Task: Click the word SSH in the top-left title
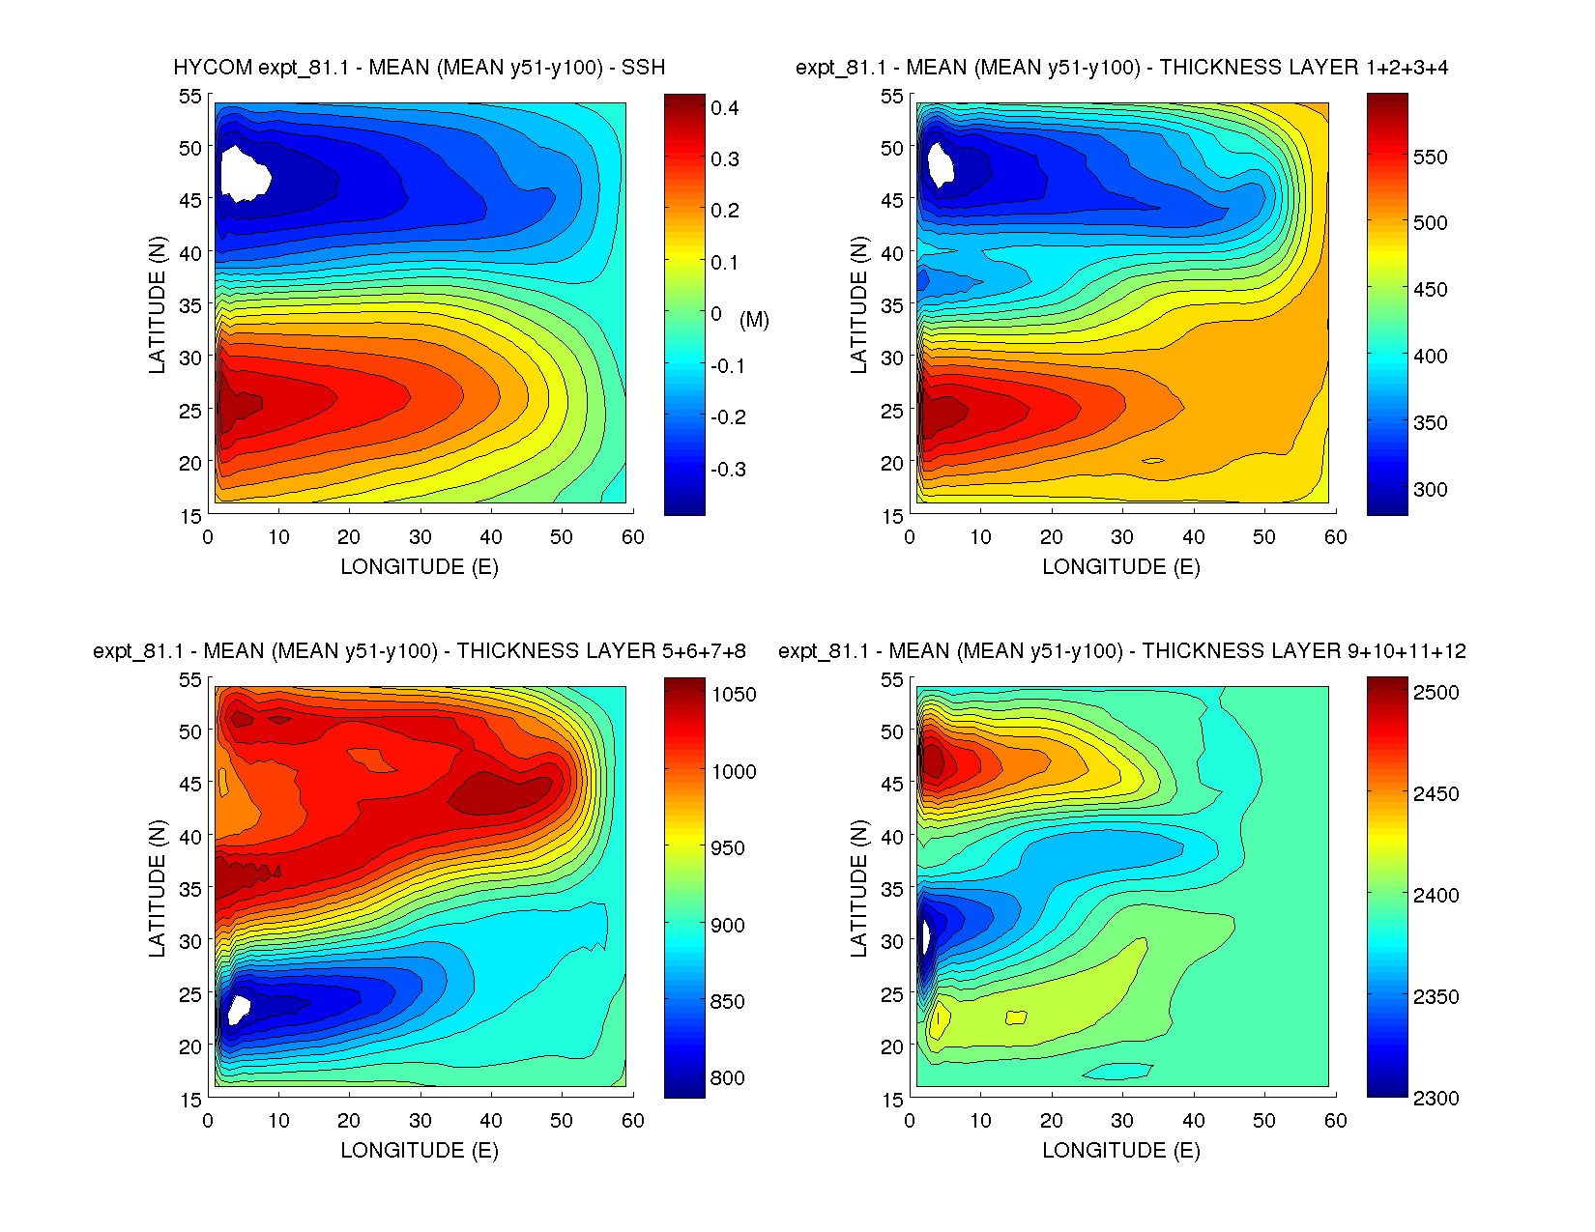point(643,68)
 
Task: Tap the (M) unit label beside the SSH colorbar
point(754,319)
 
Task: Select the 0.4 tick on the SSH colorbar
point(724,108)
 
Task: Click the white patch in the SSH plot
point(244,173)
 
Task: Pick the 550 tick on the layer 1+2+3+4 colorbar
point(1430,158)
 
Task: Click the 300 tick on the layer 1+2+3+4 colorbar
point(1430,490)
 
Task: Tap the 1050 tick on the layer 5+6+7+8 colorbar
point(734,695)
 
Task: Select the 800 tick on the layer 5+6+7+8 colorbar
point(727,1078)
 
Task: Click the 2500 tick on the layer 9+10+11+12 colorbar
point(1435,693)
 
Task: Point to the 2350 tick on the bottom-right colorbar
point(1435,997)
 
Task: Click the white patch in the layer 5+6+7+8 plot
point(237,1009)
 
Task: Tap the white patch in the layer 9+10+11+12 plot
point(923,936)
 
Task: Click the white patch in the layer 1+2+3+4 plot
point(940,163)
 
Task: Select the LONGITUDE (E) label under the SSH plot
point(420,567)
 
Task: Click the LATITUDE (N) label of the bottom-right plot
point(858,889)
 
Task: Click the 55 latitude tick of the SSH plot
point(190,96)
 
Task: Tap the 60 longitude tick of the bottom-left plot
point(632,1121)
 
